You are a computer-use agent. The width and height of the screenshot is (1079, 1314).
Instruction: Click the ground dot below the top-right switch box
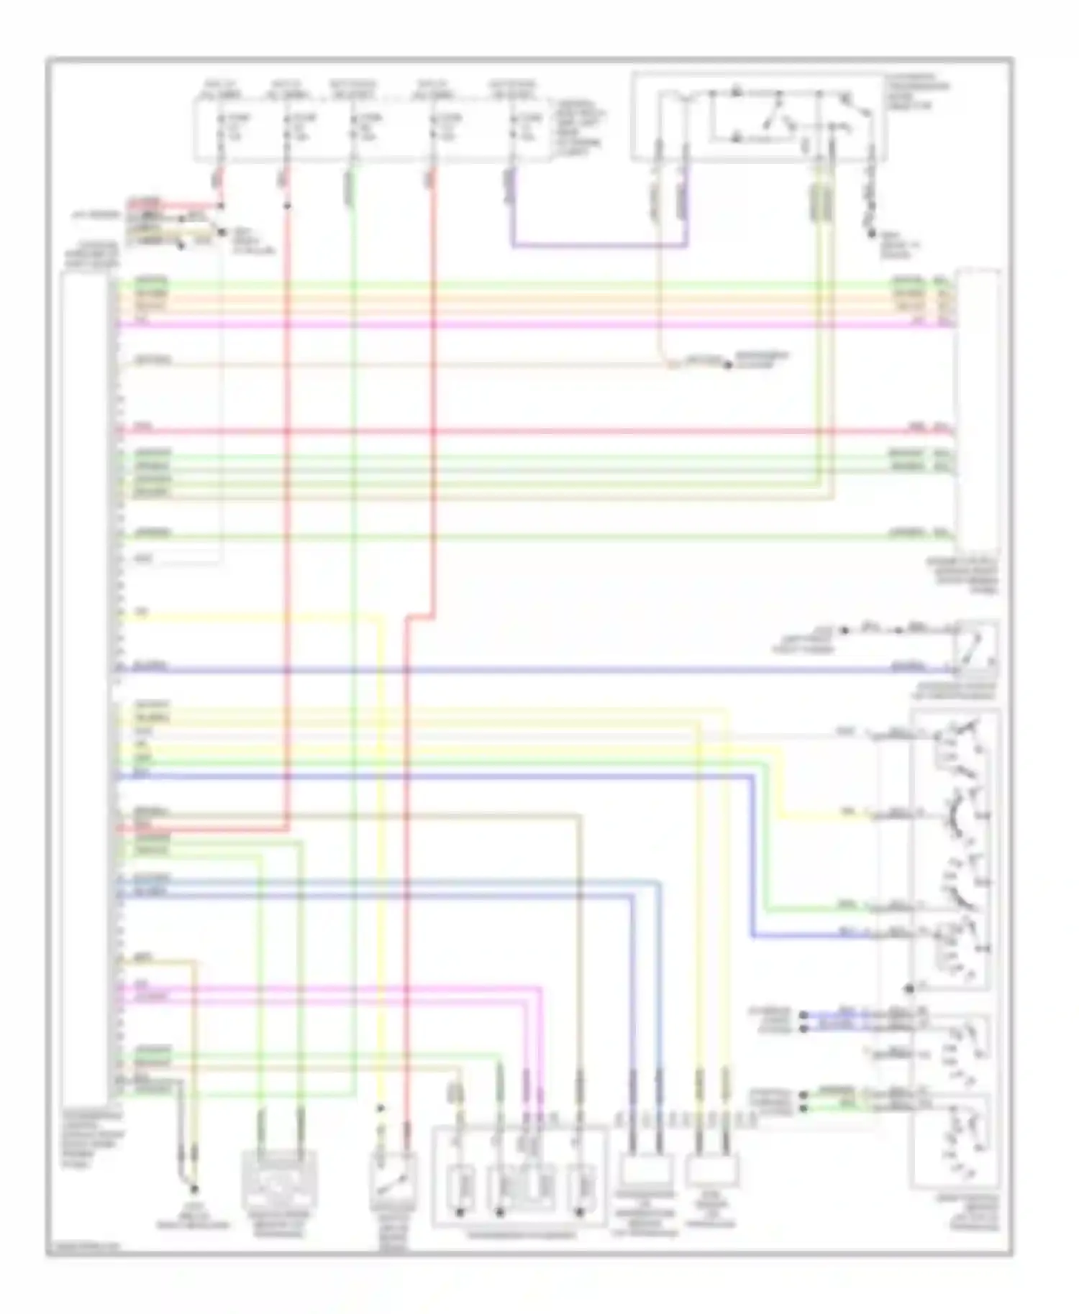[870, 234]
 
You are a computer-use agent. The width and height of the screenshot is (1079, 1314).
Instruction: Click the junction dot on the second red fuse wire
[287, 207]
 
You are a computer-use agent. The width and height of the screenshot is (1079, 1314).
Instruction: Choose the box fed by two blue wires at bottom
[645, 1171]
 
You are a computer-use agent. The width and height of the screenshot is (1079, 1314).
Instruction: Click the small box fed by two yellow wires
[711, 1171]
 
